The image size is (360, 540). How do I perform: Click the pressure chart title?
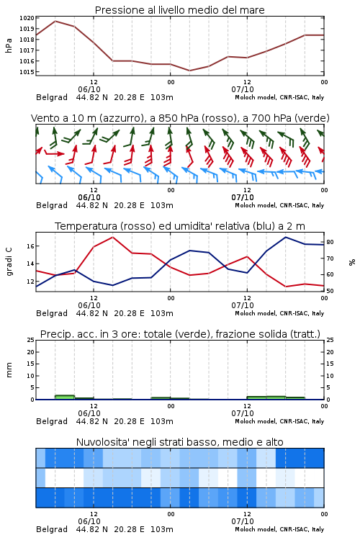[x=179, y=10]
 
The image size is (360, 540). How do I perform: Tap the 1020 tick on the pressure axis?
[x=27, y=18]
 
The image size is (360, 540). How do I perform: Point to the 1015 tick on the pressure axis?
[x=27, y=72]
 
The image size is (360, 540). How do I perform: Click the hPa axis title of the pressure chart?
[x=9, y=45]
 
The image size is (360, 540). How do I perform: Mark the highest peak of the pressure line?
[x=55, y=21]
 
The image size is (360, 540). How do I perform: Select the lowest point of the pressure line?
[x=189, y=71]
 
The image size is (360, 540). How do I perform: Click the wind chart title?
[x=180, y=118]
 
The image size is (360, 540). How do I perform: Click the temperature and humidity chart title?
[x=180, y=226]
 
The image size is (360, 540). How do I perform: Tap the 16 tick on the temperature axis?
[x=30, y=246]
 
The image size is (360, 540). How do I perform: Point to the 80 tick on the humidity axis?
[x=330, y=242]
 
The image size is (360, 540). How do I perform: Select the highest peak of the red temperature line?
[x=112, y=237]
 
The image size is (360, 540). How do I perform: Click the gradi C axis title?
[x=9, y=262]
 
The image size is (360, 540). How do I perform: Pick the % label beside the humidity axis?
[x=352, y=262]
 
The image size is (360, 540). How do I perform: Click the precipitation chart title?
[x=180, y=334]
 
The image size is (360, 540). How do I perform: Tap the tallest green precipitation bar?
[x=65, y=397]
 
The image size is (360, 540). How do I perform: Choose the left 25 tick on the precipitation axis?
[x=30, y=340]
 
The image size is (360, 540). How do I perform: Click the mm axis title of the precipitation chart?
[x=9, y=370]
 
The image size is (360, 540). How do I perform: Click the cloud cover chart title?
[x=179, y=442]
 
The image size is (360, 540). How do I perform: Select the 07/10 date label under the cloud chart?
[x=243, y=521]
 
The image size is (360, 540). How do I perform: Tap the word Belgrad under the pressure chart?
[x=52, y=97]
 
